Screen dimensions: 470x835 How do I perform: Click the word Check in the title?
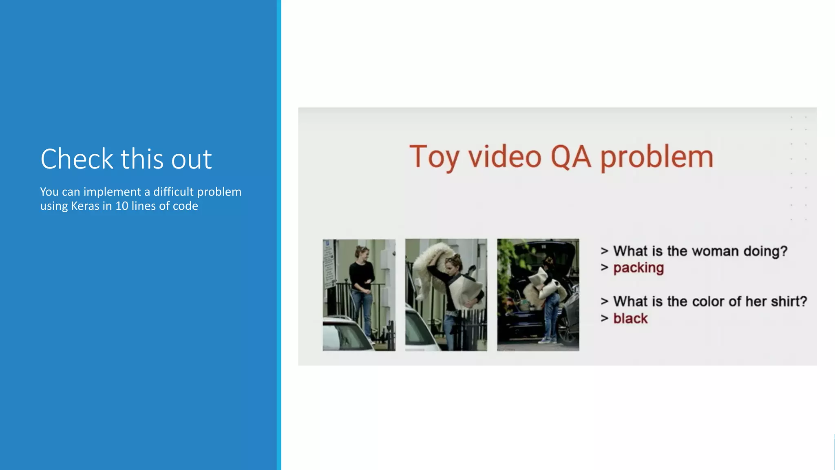tap(77, 159)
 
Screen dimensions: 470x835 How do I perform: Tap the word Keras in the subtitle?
tap(85, 206)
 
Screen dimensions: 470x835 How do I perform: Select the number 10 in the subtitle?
tap(121, 206)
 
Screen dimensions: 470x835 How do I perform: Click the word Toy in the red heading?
tap(434, 157)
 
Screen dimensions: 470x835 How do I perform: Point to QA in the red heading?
tap(570, 157)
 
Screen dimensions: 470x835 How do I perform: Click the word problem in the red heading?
tap(657, 157)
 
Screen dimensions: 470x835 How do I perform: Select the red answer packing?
tap(638, 268)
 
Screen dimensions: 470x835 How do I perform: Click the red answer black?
tap(630, 318)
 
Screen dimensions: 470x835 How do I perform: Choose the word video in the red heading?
tap(504, 157)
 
